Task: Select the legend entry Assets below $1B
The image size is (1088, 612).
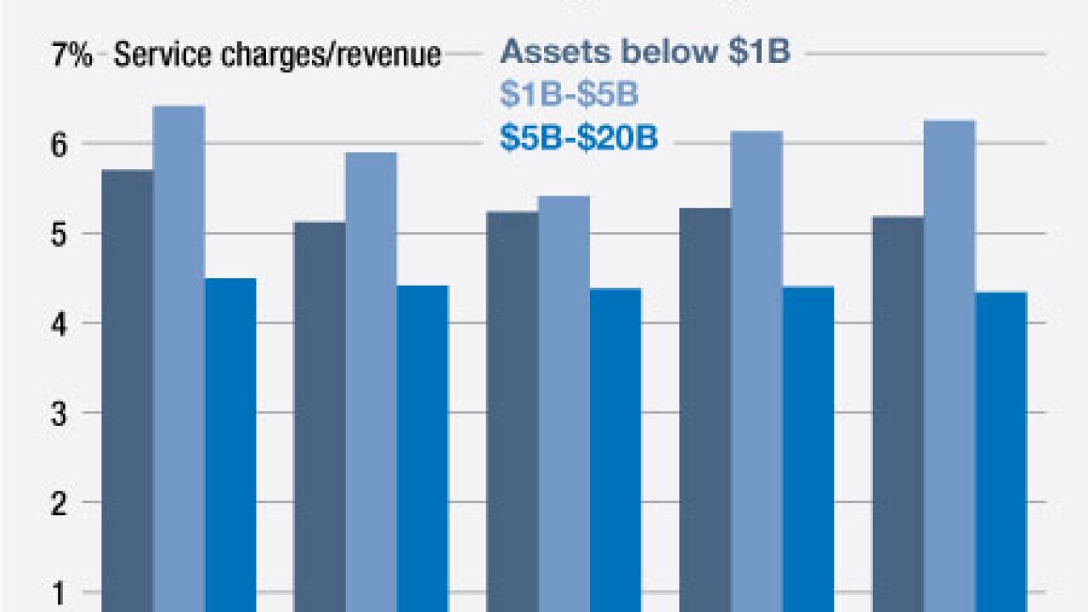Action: click(x=645, y=53)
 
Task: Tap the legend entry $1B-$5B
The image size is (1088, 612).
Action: click(x=569, y=95)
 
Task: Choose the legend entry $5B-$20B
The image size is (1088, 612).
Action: click(x=579, y=138)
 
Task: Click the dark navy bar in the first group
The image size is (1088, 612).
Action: click(x=127, y=391)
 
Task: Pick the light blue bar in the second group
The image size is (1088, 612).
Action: click(x=371, y=382)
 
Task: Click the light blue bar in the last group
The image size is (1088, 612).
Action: click(x=949, y=365)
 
